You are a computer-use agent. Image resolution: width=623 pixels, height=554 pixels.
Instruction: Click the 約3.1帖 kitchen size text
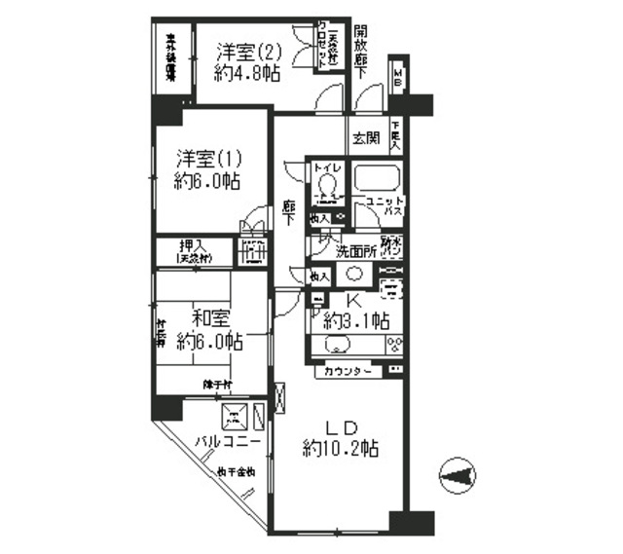(x=358, y=320)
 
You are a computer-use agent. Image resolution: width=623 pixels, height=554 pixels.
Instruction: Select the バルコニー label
(x=228, y=441)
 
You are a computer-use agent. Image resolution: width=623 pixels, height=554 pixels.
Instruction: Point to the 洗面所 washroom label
(x=353, y=252)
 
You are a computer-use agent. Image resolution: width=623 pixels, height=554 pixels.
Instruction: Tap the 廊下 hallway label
(x=290, y=212)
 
